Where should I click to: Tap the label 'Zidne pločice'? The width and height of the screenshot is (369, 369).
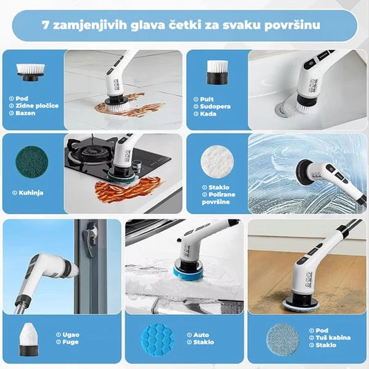click(39, 105)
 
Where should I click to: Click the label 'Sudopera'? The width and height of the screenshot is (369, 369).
click(218, 105)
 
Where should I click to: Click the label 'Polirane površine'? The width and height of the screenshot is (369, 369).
click(217, 195)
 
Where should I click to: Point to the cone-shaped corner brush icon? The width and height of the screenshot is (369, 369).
click(30, 337)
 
